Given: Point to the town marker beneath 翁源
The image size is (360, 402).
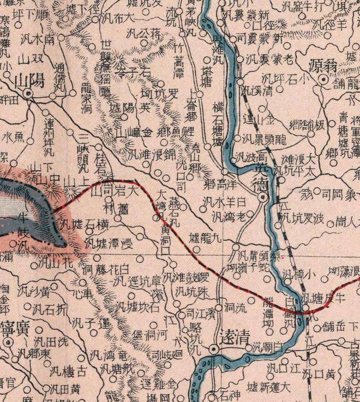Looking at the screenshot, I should (x=323, y=80).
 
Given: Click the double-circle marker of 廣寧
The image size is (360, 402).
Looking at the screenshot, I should (x=8, y=342).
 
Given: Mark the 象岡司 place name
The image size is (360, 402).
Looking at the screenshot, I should (x=332, y=194).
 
